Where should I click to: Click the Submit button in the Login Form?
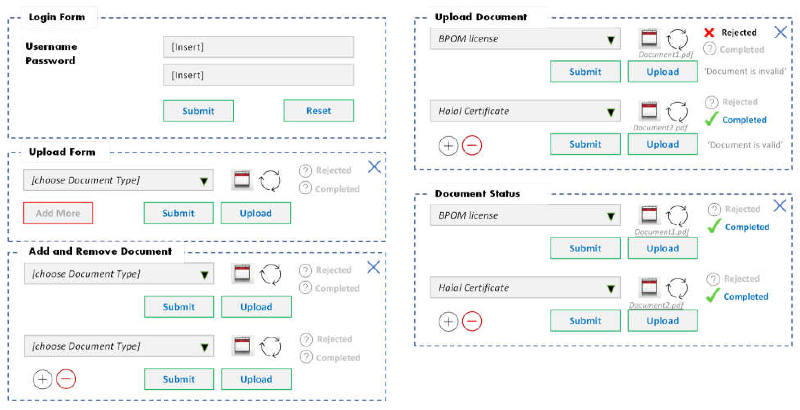(x=198, y=111)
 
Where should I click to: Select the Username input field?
(x=258, y=47)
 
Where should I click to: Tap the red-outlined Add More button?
(x=58, y=213)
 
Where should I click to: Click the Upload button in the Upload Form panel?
(x=256, y=213)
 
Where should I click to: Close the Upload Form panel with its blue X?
(x=374, y=167)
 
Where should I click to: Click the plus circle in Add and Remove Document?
(x=42, y=379)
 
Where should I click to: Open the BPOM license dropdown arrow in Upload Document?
(x=611, y=39)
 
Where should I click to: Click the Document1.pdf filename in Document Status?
(x=661, y=232)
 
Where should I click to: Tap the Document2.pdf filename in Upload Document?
(x=660, y=128)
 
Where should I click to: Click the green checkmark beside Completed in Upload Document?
(x=711, y=119)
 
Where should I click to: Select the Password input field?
(x=258, y=75)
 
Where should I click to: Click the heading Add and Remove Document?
(x=100, y=251)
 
